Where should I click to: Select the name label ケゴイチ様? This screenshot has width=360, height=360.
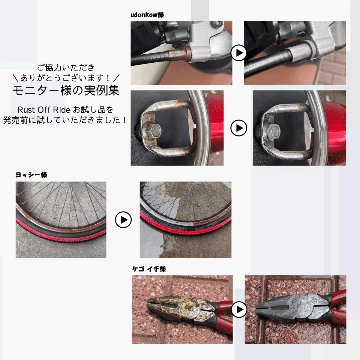(148, 267)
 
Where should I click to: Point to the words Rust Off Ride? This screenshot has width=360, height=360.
(42, 107)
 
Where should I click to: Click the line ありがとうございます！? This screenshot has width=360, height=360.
(66, 75)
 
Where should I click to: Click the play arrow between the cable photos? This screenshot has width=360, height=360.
(239, 52)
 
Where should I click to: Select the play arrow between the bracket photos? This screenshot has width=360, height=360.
(239, 128)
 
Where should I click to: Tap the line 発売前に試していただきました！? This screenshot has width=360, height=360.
(66, 119)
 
